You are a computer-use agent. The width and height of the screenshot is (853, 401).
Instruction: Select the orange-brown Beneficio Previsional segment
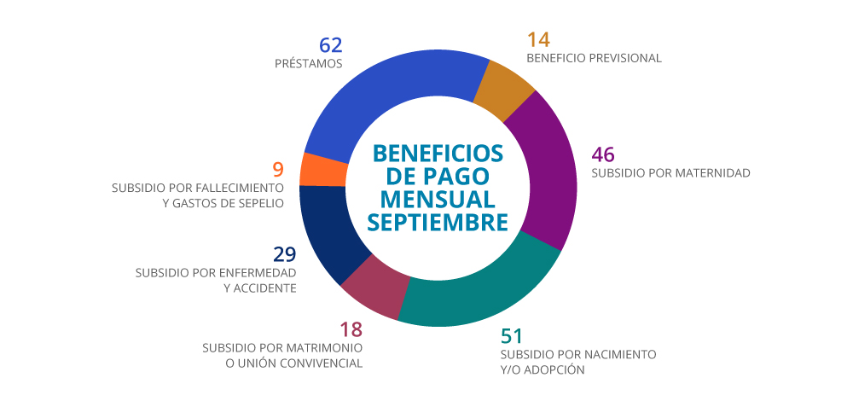point(505,90)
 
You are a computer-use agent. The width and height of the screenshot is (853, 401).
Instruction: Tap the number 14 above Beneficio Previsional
point(538,39)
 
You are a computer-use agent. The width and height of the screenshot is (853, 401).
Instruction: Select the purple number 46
point(603,154)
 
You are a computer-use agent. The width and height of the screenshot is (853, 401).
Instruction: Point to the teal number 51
point(512,335)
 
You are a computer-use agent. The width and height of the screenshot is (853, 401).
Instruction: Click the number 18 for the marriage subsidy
point(351,329)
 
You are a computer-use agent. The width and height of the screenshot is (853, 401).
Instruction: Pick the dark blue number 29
point(285,254)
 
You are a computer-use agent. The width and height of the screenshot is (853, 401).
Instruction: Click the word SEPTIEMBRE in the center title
point(438,221)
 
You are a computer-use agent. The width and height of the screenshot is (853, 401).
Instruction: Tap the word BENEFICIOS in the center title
point(438,154)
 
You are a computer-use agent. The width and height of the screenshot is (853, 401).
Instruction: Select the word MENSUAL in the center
point(438,199)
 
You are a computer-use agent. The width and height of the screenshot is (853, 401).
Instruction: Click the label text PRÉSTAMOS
point(309,64)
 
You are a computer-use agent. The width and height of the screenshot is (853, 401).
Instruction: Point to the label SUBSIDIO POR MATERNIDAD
point(670,173)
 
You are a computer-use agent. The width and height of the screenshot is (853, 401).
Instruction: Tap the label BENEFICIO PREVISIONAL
point(594,59)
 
